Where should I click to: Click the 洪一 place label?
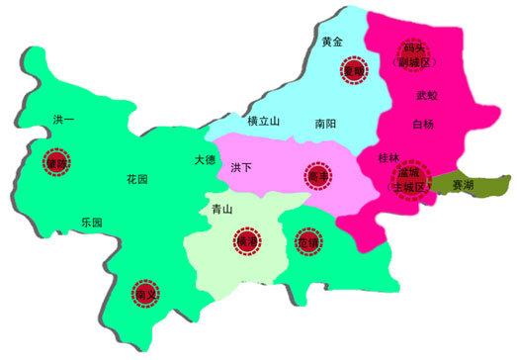coord(64,120)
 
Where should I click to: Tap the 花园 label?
coord(137,180)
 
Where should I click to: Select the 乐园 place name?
coord(91,223)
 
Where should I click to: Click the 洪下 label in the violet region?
coord(241,169)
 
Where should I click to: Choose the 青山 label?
coord(222,210)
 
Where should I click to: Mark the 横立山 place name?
coord(264,121)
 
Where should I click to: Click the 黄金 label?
coord(333,42)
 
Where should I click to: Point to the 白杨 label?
coord(423,125)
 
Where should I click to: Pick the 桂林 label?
coord(388,157)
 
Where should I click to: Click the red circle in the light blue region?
coord(353,70)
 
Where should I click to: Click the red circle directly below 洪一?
coord(52,163)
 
